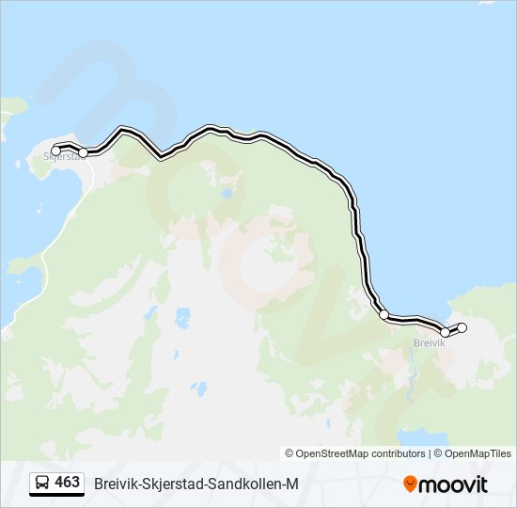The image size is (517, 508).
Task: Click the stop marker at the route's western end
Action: coord(55,151)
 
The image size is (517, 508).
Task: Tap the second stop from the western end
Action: coord(84,152)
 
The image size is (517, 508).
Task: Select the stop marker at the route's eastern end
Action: coord(462,327)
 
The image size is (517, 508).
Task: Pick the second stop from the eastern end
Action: coord(446,332)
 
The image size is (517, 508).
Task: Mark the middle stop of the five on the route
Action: coord(384,314)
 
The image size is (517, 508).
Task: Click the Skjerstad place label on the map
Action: coord(64,158)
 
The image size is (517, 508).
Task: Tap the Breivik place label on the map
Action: coord(429,343)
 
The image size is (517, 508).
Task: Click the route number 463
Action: coord(68,483)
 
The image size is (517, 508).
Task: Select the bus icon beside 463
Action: coord(42,483)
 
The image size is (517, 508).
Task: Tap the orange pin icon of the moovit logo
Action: coord(410,484)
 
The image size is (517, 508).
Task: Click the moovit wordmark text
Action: coord(453,484)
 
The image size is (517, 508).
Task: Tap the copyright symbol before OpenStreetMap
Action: coord(290,453)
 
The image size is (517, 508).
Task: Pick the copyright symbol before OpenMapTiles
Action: coord(438,453)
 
